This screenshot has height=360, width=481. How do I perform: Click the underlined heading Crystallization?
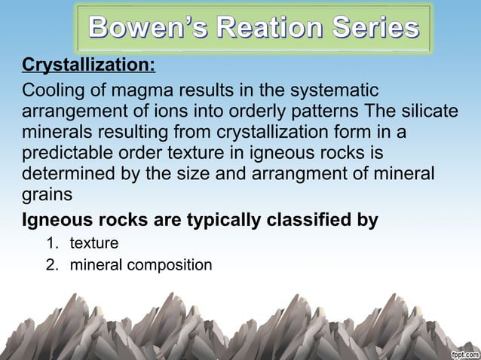click(88, 65)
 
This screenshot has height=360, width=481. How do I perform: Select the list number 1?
click(52, 244)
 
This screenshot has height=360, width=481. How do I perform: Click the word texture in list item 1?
click(94, 244)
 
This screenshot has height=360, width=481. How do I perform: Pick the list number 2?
click(52, 265)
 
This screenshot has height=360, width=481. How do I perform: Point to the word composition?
click(170, 265)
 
